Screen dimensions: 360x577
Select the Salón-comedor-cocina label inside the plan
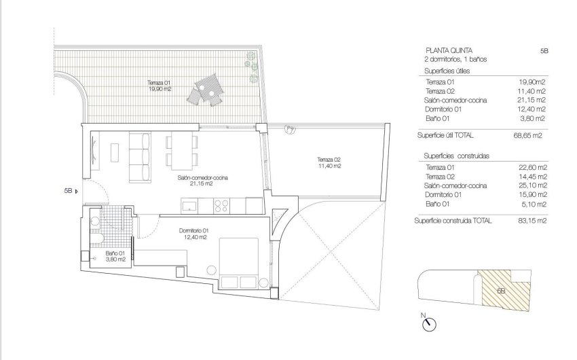(x=203, y=180)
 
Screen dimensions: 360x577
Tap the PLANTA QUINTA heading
(x=447, y=50)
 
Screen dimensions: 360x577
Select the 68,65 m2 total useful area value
(x=532, y=135)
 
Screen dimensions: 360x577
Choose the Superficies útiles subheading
(x=447, y=70)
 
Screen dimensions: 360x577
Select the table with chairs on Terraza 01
(x=206, y=92)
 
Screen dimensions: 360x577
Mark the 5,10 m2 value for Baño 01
(x=534, y=202)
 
